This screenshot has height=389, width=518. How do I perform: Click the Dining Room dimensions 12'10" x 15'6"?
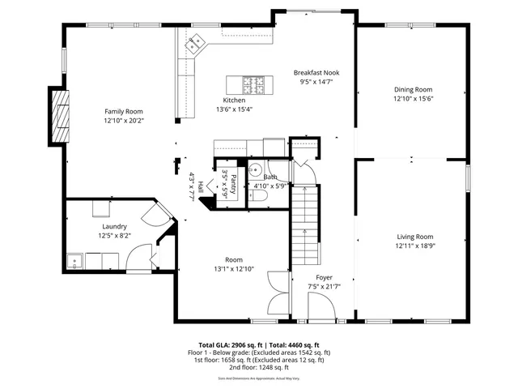pos(414,99)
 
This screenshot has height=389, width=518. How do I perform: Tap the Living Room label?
pos(414,237)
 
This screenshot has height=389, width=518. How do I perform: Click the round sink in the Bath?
pos(253,170)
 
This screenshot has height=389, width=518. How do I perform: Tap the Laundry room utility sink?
pos(75,262)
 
